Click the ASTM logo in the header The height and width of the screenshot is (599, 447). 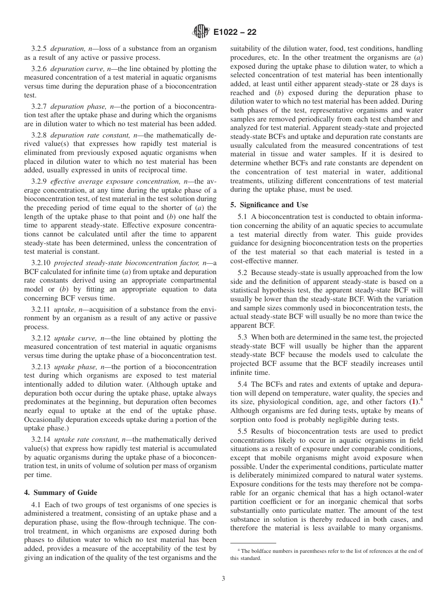pyautogui.click(x=200, y=32)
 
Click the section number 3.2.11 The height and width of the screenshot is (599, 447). pyautogui.click(x=41, y=309)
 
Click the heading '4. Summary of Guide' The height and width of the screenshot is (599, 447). pyautogui.click(x=60, y=493)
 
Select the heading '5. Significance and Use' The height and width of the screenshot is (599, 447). pyautogui.click(x=269, y=205)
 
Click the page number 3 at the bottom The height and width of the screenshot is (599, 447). pyautogui.click(x=223, y=579)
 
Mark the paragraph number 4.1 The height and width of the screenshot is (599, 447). pyautogui.click(x=36, y=504)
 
